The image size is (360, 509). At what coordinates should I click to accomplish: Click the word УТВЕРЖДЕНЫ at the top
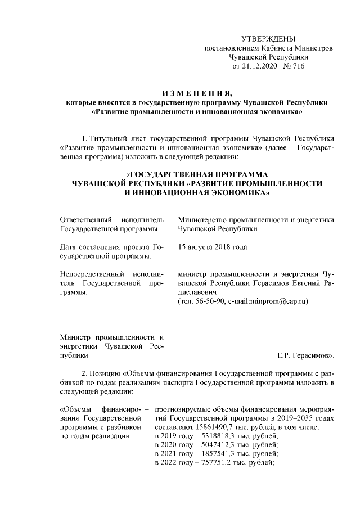268,39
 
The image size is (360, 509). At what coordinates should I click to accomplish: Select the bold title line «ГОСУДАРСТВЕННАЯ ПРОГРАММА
196,174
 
